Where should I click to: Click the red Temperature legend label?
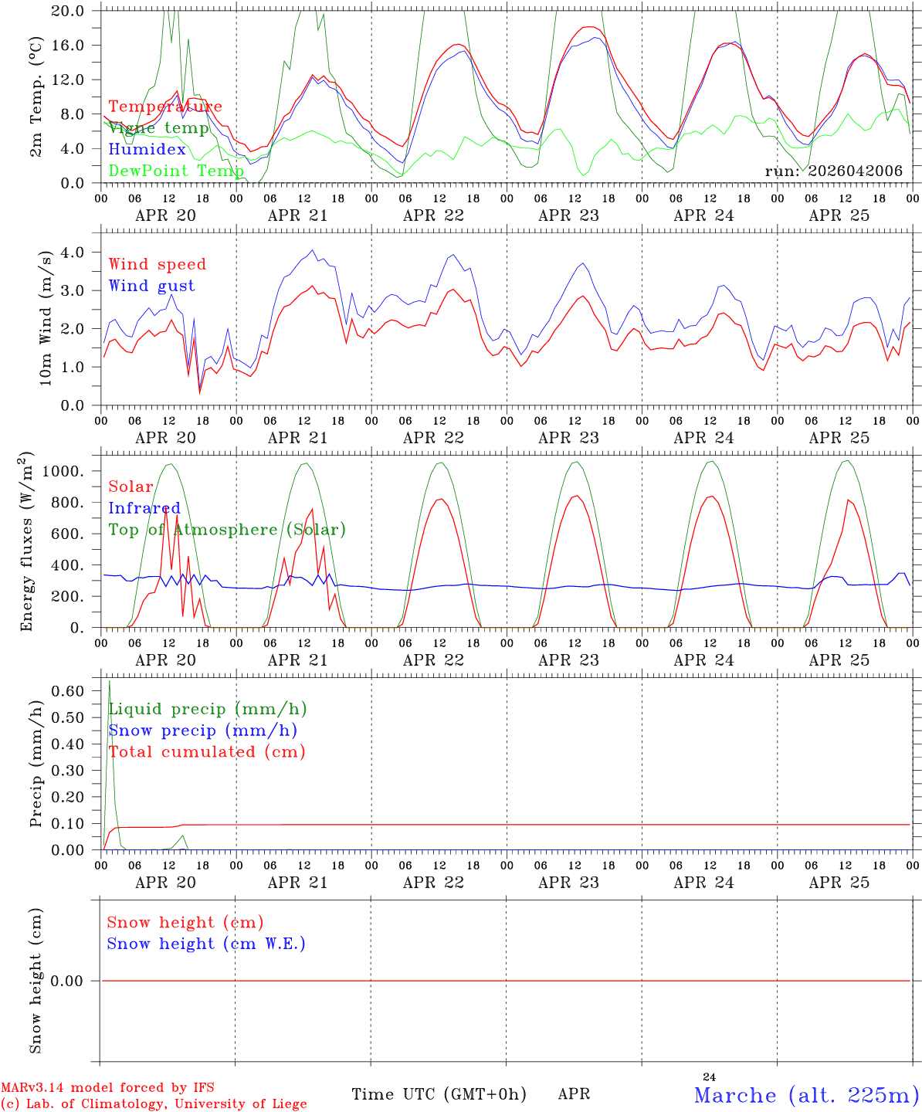165,106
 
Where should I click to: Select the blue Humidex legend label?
147,148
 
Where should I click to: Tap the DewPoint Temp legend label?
176,171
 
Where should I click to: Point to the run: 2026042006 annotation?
833,171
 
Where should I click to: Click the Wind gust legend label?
152,286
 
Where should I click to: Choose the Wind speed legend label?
157,264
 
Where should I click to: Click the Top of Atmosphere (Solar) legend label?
227,530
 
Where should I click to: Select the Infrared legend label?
144,507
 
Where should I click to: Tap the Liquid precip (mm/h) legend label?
208,709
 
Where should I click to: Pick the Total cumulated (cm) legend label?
207,751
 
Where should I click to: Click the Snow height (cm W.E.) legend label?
206,943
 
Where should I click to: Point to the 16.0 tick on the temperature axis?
68,46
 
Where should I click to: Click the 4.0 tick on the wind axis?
73,252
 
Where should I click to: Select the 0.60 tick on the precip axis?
68,690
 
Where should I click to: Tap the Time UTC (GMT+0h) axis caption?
439,1094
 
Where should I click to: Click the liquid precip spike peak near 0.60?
109,680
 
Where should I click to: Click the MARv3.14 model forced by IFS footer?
107,1087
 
